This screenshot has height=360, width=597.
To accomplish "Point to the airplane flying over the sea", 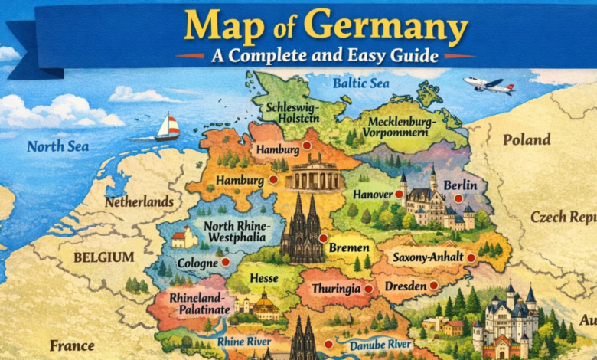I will click(x=487, y=84).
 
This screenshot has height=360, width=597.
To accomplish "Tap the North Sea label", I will click(x=57, y=146).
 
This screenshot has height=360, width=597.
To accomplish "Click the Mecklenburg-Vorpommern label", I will click(x=401, y=127).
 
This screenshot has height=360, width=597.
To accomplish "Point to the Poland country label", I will click(x=526, y=139).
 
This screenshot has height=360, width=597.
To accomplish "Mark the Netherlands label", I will click(x=139, y=202).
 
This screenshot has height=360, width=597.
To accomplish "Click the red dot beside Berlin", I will click(x=458, y=198).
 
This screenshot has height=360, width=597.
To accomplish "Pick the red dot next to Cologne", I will click(x=225, y=262).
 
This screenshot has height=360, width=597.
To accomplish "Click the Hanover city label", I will click(x=372, y=195).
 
